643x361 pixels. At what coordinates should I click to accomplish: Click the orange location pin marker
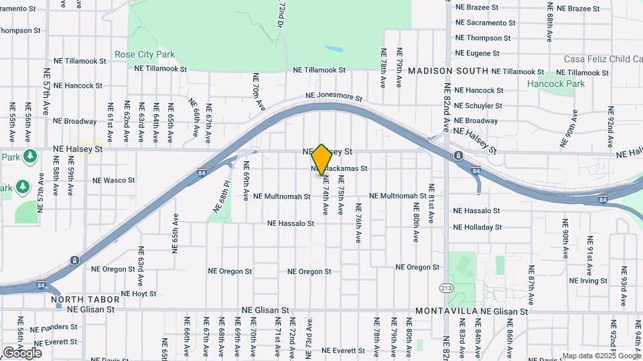[321, 159]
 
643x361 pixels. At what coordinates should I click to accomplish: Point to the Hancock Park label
[555, 84]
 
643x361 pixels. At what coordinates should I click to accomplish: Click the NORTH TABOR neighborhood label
[76, 300]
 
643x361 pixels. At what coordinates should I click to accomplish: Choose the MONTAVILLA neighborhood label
[446, 311]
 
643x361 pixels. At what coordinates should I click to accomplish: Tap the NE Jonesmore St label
[334, 97]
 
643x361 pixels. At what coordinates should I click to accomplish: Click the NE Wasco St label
[113, 180]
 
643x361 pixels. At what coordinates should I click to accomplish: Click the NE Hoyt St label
[139, 293]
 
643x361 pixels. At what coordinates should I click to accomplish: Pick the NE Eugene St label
[478, 53]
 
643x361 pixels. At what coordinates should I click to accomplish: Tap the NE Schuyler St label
[478, 106]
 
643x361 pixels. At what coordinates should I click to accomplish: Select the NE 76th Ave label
[358, 228]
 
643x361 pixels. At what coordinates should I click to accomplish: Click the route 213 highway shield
[445, 288]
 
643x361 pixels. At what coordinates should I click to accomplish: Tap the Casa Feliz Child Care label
[603, 59]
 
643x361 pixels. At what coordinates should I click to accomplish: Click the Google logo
[22, 352]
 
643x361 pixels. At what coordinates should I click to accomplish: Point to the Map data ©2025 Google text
[601, 356]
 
